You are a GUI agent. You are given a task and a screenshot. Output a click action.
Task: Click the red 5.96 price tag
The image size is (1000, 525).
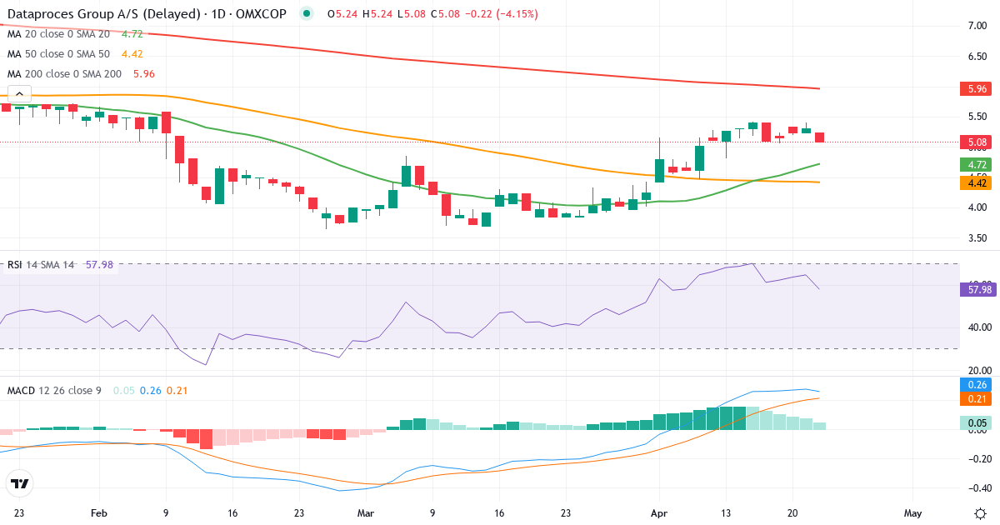click(972, 88)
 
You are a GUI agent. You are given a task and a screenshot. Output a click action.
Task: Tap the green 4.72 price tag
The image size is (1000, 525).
click(972, 165)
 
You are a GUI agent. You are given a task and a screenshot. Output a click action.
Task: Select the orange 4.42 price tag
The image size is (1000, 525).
click(972, 183)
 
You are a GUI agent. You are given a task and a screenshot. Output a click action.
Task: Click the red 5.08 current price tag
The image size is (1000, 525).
click(972, 142)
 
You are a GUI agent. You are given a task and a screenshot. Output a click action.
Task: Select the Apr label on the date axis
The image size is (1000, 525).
click(658, 513)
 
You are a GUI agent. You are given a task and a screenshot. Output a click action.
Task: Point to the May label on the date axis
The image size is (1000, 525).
click(912, 513)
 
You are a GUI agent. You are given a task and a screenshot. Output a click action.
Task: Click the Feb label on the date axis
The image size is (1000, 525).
click(99, 513)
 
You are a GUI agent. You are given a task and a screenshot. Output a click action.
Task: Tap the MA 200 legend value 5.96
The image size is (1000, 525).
click(142, 74)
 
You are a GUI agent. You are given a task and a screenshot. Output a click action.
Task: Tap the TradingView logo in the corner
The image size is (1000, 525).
click(20, 483)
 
